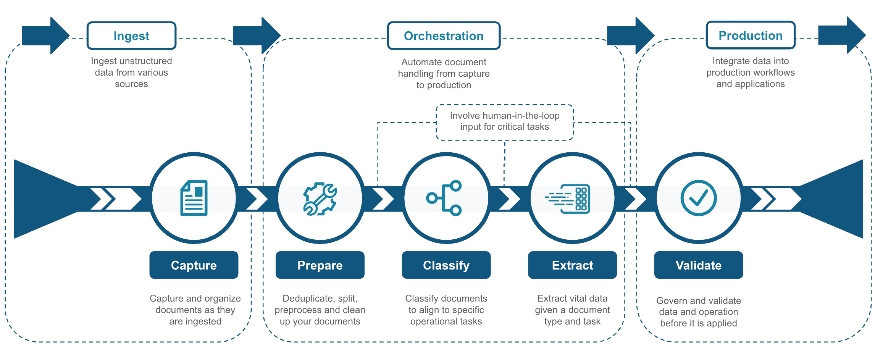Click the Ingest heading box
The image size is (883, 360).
pos(131,36)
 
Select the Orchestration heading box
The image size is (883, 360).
pos(444,36)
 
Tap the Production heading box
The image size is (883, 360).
pos(751,36)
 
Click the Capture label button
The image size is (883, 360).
pos(194,265)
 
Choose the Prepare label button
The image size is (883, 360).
pos(320,265)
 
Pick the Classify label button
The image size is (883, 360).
pos(446,265)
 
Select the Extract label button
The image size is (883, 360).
pos(572,265)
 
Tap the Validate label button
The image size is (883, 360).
pos(699,265)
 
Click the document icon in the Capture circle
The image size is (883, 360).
pos(194,198)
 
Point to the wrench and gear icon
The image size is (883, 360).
pos(320,199)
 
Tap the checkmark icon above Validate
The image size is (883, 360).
pos(699,198)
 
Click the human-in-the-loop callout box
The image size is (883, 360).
pos(505,121)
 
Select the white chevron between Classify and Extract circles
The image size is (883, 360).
pos(510,199)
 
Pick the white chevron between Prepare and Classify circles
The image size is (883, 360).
pos(383,199)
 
